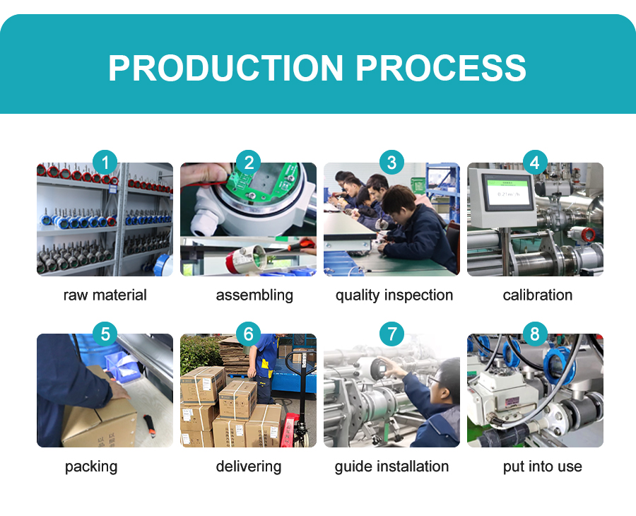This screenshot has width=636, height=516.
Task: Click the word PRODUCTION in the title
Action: point(226,68)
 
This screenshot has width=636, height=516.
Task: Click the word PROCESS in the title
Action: point(441,68)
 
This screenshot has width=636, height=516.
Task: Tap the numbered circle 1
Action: point(105,163)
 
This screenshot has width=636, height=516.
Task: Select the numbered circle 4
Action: point(535,163)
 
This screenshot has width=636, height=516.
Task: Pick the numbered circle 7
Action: point(391,334)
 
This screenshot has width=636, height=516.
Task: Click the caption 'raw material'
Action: point(105,295)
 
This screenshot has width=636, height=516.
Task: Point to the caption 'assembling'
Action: point(254,295)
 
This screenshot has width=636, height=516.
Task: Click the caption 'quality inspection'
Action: point(394,295)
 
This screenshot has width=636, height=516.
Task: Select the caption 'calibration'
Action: point(538,295)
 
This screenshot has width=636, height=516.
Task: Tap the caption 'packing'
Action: point(91,467)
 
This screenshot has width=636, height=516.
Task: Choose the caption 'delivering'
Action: point(249,467)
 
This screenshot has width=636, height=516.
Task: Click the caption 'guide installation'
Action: point(391,467)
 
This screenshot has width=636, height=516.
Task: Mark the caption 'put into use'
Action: point(542,467)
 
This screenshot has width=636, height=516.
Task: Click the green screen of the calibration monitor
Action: point(508,194)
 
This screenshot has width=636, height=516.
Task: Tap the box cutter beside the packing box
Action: point(150,427)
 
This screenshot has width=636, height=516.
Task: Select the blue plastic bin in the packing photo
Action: point(122,367)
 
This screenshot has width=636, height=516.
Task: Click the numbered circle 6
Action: point(248,334)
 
